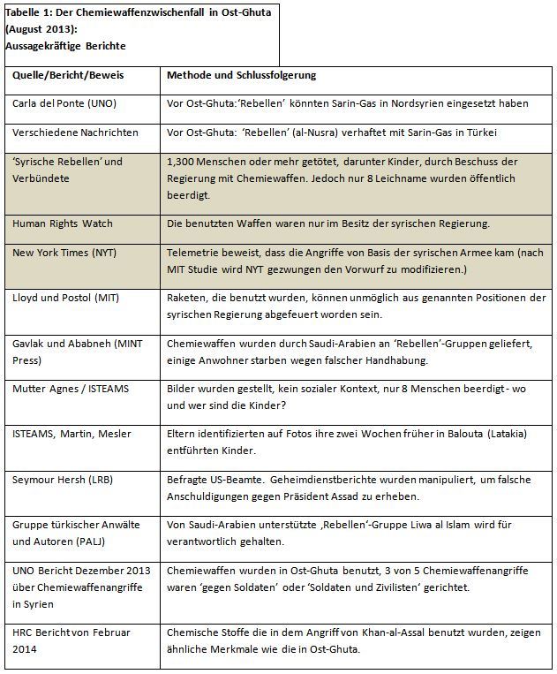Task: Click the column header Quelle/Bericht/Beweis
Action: (x=68, y=75)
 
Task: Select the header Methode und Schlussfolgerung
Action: (x=241, y=75)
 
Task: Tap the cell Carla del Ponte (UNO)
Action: (x=64, y=103)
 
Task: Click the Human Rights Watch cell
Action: (x=63, y=224)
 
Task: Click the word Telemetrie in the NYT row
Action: (x=194, y=253)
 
